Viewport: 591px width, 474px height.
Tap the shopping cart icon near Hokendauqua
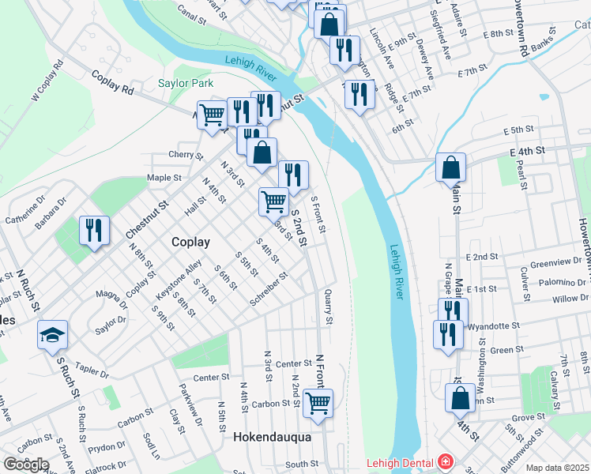pyautogui.click(x=318, y=402)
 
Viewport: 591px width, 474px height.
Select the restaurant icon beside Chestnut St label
pyautogui.click(x=94, y=230)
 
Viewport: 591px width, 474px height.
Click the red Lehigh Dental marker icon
pyautogui.click(x=446, y=462)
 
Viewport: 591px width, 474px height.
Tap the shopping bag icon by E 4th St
pyautogui.click(x=450, y=167)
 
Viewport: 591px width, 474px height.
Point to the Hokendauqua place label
pyautogui.click(x=272, y=437)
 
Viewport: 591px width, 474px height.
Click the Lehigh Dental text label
pyautogui.click(x=400, y=463)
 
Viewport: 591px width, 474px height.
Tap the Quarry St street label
pyautogui.click(x=329, y=307)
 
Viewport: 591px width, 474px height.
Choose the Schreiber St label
pyautogui.click(x=269, y=290)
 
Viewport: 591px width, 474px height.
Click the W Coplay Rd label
pyautogui.click(x=47, y=82)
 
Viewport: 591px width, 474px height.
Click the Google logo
pyautogui.click(x=26, y=465)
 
